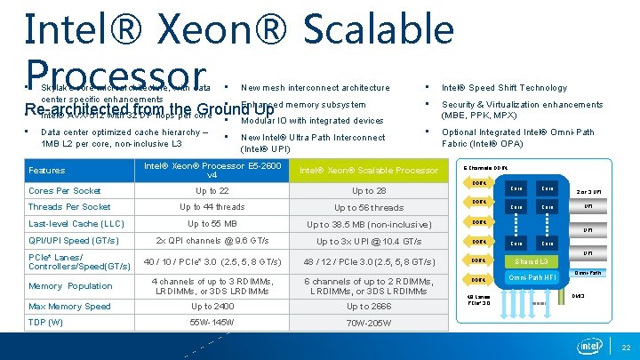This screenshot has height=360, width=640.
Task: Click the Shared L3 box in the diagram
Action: pyautogui.click(x=532, y=260)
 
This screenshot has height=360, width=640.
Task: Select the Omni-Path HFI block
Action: pyautogui.click(x=531, y=279)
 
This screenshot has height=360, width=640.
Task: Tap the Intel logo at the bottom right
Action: pyautogui.click(x=591, y=346)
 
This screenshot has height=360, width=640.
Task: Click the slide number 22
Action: pyautogui.click(x=626, y=348)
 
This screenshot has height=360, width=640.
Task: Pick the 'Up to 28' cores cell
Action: pyautogui.click(x=369, y=191)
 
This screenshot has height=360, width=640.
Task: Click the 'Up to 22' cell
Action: pyautogui.click(x=212, y=191)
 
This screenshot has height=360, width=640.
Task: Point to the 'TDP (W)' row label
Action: pyautogui.click(x=46, y=322)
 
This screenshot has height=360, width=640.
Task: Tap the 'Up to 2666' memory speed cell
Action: pyautogui.click(x=369, y=307)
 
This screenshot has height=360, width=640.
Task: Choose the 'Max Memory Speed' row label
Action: pyautogui.click(x=69, y=307)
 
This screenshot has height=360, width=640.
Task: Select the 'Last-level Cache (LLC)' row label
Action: pyautogui.click(x=76, y=224)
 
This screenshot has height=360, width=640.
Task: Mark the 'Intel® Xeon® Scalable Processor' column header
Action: pyautogui.click(x=369, y=171)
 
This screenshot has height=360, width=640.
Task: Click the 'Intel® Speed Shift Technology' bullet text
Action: pyautogui.click(x=504, y=88)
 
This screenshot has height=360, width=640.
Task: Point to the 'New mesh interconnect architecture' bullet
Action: pyautogui.click(x=315, y=88)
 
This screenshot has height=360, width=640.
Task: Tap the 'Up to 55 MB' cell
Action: pyautogui.click(x=212, y=224)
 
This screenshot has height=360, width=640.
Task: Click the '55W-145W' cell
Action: pyautogui.click(x=212, y=322)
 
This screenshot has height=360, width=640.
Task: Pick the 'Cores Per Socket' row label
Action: pyautogui.click(x=65, y=191)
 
